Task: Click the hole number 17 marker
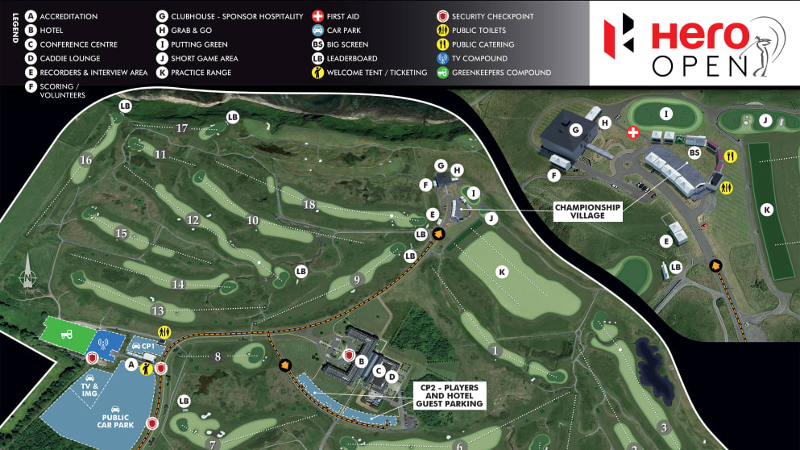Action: coord(182,128)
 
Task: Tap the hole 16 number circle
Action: coord(85,160)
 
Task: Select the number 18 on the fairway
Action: coord(309,204)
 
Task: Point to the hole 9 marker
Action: coord(355,280)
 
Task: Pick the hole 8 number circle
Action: coord(218,356)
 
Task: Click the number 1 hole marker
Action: coord(495,350)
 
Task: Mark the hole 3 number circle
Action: coord(664,427)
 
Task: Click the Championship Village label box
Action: coord(587,211)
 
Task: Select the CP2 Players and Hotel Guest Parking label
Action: coord(450,394)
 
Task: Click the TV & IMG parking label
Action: coord(89,390)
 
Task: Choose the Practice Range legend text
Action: coord(201,73)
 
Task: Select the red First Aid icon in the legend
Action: coord(318,16)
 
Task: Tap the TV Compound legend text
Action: coord(479,59)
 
